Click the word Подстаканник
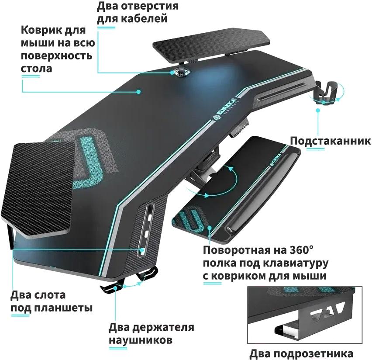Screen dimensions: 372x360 (331, 141)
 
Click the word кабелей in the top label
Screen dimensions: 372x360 (145, 18)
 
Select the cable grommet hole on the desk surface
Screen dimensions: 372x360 (181, 72)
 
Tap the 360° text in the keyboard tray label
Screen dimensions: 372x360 (301, 250)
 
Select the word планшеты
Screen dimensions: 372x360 (63, 308)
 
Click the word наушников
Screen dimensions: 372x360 (141, 340)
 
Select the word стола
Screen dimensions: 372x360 (36, 69)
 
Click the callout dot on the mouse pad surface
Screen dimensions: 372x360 (138, 91)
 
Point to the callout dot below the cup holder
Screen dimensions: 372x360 (318, 110)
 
